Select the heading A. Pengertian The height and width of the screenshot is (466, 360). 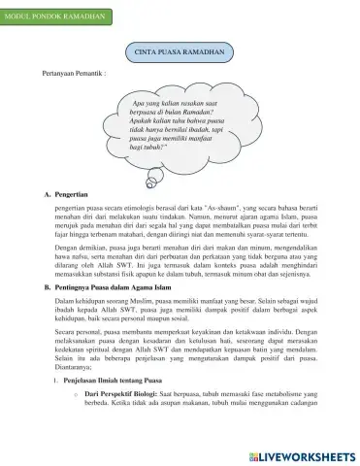coord(69,194)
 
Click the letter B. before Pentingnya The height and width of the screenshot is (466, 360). coord(48,287)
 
